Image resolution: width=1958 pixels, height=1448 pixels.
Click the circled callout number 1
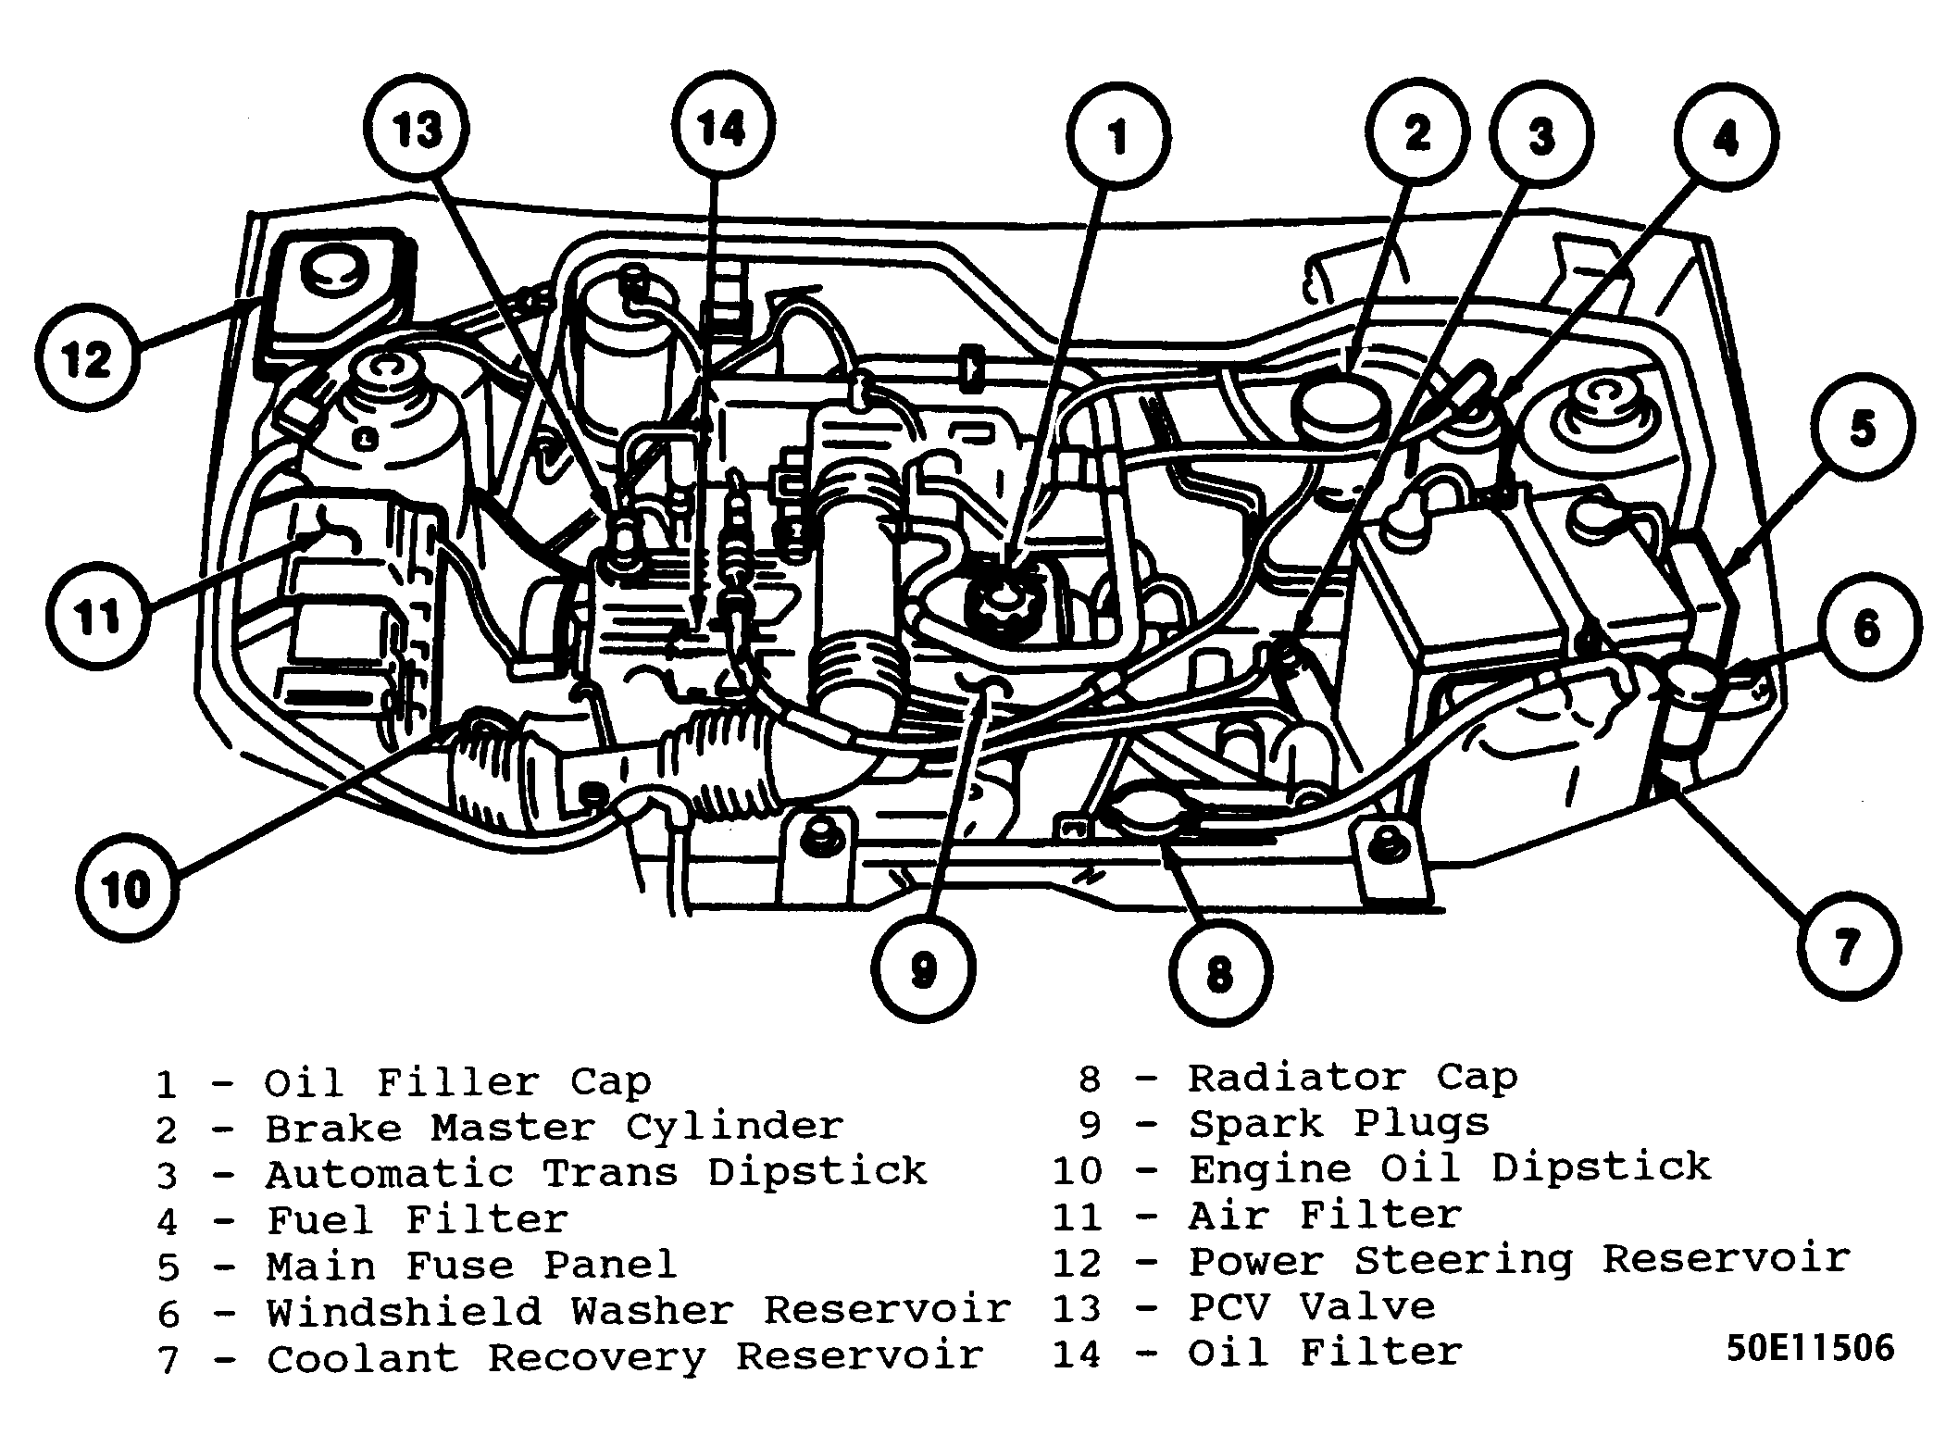[x=1118, y=136]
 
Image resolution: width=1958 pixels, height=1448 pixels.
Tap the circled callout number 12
[x=89, y=359]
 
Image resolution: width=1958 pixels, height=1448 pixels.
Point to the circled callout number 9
[x=923, y=968]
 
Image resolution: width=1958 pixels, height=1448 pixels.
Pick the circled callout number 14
[x=722, y=127]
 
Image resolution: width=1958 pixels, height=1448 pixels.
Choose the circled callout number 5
[x=1862, y=429]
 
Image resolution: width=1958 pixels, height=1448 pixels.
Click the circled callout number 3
[x=1541, y=136]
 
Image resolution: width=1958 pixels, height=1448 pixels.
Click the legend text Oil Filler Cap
[x=457, y=1081]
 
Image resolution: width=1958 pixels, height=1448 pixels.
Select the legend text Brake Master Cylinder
[x=554, y=1127]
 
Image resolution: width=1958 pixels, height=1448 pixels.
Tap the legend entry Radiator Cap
[x=1353, y=1077]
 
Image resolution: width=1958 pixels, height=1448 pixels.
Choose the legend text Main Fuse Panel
[x=471, y=1265]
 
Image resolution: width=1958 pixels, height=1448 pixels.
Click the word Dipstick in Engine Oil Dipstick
[x=1601, y=1167]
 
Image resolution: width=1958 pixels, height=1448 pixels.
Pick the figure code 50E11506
[x=1810, y=1348]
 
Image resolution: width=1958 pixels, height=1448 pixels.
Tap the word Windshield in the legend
[x=404, y=1311]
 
